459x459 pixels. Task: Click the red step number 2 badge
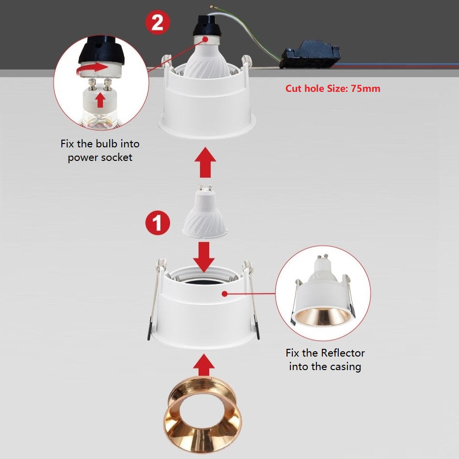pos(158,22)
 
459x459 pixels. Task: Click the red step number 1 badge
pos(158,223)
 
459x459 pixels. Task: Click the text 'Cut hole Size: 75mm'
pos(333,88)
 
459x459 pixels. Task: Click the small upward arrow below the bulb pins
pos(100,100)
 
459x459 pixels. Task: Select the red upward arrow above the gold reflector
pos(204,365)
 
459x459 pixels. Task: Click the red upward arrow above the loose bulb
pos(205,162)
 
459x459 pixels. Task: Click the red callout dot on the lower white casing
pos(225,293)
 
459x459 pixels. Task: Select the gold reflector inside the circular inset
pos(323,317)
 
